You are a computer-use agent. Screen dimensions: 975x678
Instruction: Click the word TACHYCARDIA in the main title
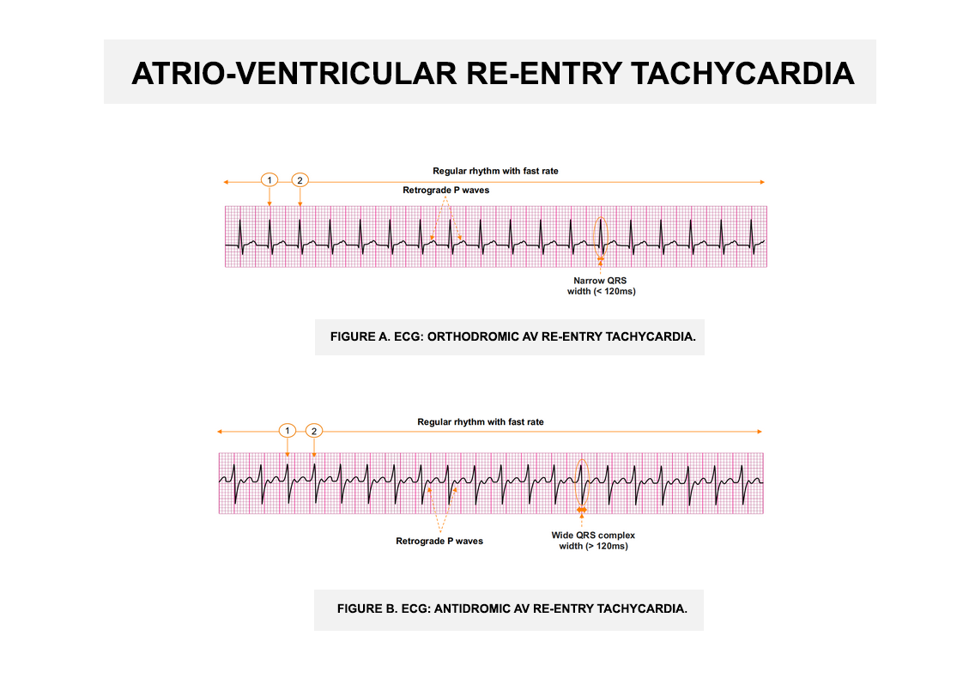pyautogui.click(x=742, y=74)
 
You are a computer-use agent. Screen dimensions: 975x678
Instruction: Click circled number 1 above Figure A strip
pyautogui.click(x=269, y=180)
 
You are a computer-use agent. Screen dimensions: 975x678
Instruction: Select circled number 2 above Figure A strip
pyautogui.click(x=300, y=180)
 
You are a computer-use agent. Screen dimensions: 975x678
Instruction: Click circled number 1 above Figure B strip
pyautogui.click(x=288, y=431)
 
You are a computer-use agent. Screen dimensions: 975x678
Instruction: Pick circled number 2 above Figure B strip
pyautogui.click(x=314, y=431)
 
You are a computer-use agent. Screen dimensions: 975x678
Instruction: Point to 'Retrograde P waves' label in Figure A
pyautogui.click(x=445, y=191)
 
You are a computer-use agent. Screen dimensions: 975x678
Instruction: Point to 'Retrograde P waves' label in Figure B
pyautogui.click(x=439, y=542)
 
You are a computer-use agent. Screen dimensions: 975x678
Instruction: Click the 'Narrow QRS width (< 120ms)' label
pyautogui.click(x=602, y=286)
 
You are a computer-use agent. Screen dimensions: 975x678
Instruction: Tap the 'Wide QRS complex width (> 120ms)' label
pyautogui.click(x=593, y=541)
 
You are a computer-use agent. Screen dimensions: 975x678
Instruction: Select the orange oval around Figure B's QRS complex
pyautogui.click(x=576, y=482)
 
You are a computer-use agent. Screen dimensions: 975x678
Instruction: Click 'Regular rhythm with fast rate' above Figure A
pyautogui.click(x=495, y=171)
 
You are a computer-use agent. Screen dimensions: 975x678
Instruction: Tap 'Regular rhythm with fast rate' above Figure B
pyautogui.click(x=481, y=422)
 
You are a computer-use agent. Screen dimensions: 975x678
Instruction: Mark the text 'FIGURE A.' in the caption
pyautogui.click(x=360, y=336)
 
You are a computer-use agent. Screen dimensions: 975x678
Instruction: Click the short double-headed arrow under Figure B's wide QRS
pyautogui.click(x=581, y=510)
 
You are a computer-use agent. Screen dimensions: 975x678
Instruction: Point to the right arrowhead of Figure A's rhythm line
pyautogui.click(x=762, y=182)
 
